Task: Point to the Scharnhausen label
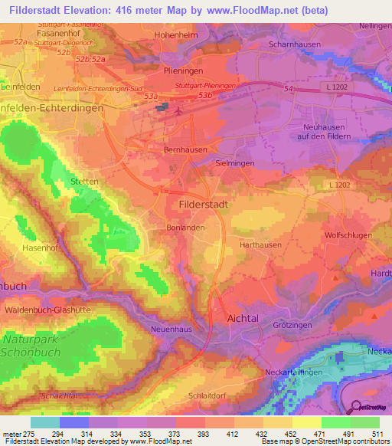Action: pyautogui.click(x=302, y=44)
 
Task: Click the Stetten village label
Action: pyautogui.click(x=84, y=182)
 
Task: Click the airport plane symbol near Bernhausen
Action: pyautogui.click(x=178, y=110)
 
